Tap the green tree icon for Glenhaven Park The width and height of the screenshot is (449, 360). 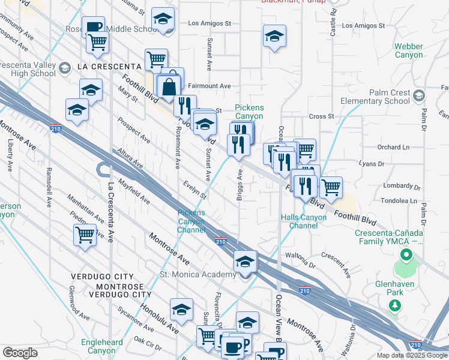395,306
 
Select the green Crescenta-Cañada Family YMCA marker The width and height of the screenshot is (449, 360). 406,256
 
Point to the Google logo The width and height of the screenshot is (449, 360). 20,353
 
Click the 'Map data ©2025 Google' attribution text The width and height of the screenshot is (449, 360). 412,355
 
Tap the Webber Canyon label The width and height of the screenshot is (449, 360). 409,50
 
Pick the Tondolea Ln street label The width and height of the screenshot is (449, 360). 397,201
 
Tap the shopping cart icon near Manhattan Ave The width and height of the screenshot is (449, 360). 85,235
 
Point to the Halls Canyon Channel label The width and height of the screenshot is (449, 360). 303,221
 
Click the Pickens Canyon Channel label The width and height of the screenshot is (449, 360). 191,221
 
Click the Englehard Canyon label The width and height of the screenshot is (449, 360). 106,346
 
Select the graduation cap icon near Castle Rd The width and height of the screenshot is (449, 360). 274,37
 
